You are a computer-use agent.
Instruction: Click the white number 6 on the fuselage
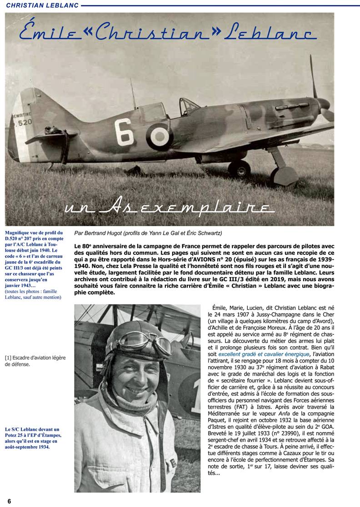124,132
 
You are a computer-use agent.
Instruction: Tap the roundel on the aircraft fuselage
159,135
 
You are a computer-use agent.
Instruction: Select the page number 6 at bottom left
9,501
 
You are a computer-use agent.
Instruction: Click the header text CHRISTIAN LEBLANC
40,5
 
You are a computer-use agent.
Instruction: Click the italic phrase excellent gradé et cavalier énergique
265,353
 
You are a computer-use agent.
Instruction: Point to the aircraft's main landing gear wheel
239,169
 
